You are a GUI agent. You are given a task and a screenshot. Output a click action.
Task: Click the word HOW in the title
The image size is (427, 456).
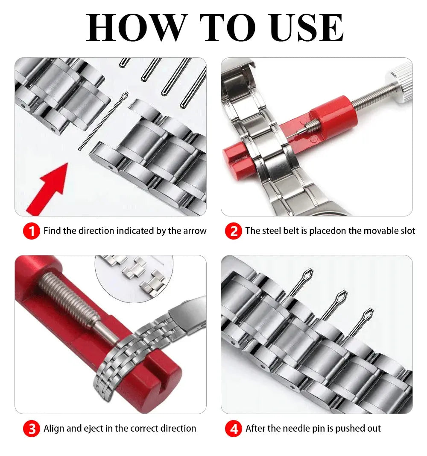pyautogui.click(x=136, y=28)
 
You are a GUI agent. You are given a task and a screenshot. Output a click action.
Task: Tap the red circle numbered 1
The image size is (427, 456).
pyautogui.click(x=31, y=231)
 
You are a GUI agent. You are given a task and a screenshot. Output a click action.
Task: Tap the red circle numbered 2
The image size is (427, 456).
pyautogui.click(x=233, y=231)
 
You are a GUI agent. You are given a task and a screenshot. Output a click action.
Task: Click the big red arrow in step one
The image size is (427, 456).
pyautogui.click(x=49, y=186)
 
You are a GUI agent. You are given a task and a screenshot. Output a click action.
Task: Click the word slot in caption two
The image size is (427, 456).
pyautogui.click(x=406, y=231)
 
